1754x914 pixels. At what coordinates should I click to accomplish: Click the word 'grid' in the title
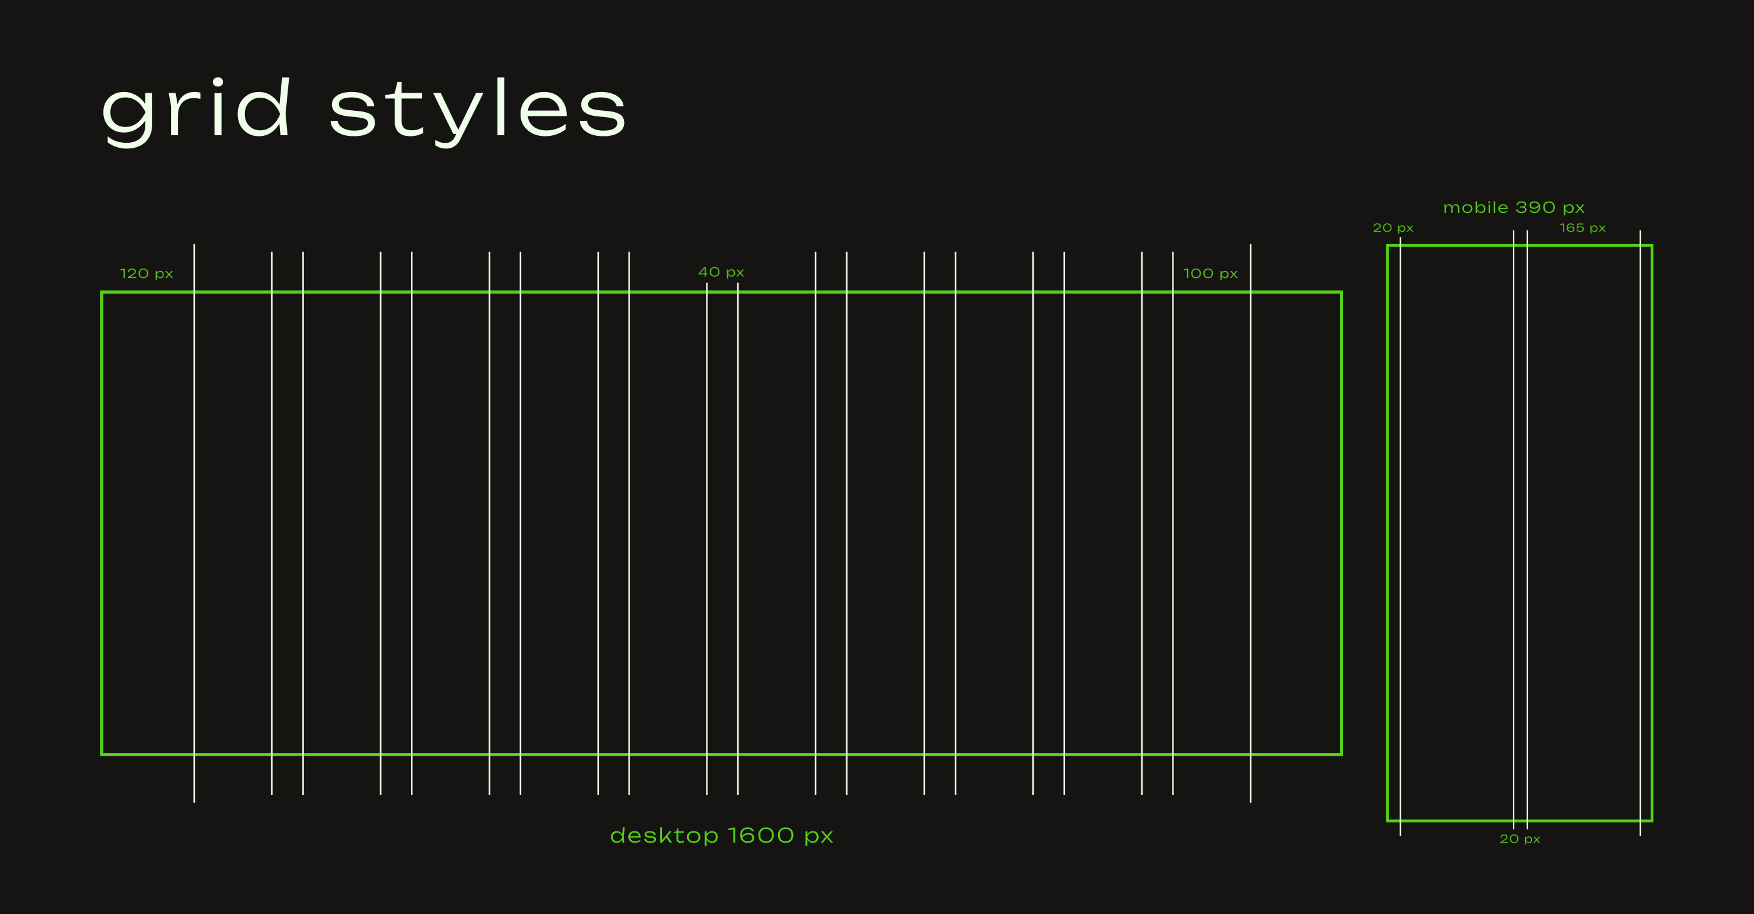tap(197, 112)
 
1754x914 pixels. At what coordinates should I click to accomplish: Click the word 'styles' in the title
tap(477, 112)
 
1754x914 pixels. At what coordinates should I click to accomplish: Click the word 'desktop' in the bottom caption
tap(664, 835)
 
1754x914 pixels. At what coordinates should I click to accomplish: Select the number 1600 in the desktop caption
tap(760, 835)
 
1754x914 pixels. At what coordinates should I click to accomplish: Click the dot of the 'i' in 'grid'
tap(218, 83)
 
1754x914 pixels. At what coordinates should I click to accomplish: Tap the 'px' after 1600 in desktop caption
tap(819, 837)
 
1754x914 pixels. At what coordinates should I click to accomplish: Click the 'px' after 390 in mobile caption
tap(1574, 208)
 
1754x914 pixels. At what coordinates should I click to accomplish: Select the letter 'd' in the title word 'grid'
tap(265, 108)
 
